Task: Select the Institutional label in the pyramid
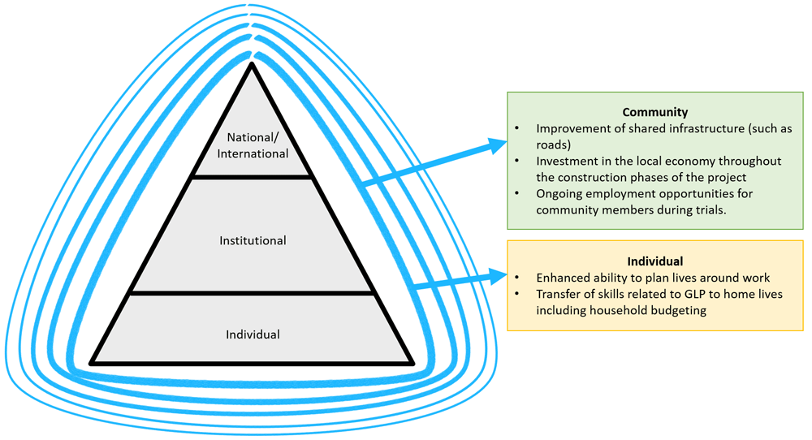[253, 240]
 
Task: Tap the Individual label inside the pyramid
[253, 334]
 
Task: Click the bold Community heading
[654, 113]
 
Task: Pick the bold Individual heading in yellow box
[654, 261]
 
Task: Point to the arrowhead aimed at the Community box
[498, 145]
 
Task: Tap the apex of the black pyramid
[253, 65]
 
